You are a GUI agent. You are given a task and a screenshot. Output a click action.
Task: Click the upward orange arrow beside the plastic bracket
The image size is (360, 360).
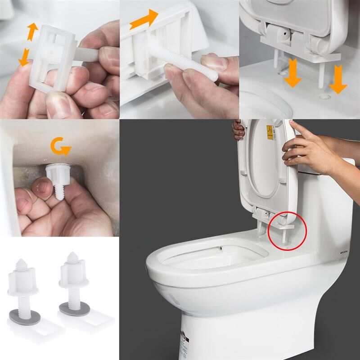click(x=32, y=32)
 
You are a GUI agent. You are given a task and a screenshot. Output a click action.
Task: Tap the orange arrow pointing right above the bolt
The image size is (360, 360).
click(x=144, y=20)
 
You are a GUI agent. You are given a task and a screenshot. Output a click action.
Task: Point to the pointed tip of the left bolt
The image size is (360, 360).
click(x=21, y=262)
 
